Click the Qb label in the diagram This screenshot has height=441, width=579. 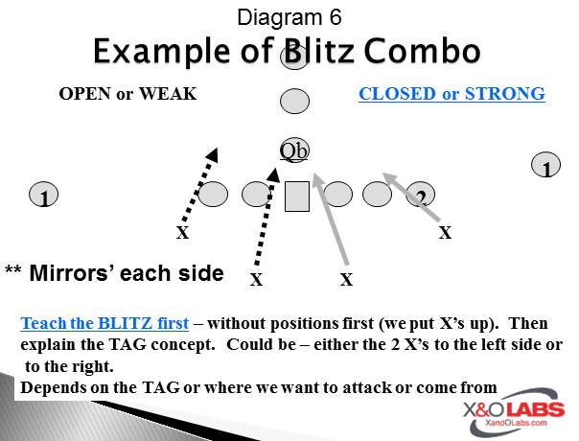[x=294, y=150]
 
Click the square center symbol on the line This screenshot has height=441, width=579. [x=297, y=196]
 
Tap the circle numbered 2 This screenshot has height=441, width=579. [x=420, y=197]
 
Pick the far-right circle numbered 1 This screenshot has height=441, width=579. [x=545, y=167]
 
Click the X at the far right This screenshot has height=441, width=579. [x=445, y=232]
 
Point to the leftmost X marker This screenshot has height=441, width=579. [x=182, y=232]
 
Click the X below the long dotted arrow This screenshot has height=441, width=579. [x=256, y=280]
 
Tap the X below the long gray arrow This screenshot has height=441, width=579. [x=346, y=280]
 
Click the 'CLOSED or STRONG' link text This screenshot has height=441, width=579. [x=452, y=94]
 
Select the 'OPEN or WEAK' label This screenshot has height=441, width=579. [x=127, y=94]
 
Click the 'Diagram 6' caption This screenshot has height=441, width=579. [x=289, y=16]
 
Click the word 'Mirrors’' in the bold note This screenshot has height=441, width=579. [x=72, y=272]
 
